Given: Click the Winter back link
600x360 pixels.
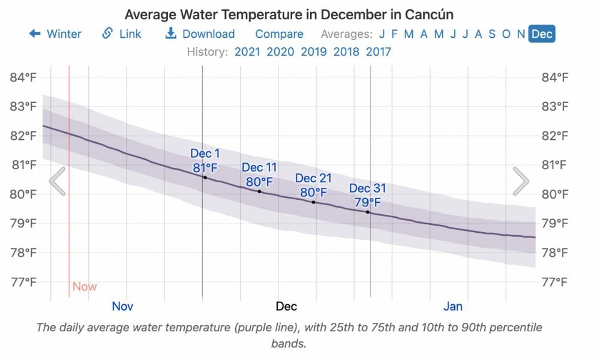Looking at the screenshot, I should pos(55,34).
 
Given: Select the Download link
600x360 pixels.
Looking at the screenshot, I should pos(200,34).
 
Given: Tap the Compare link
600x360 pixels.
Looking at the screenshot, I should pos(279,34).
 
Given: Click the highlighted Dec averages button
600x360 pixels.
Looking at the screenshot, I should pos(542,34).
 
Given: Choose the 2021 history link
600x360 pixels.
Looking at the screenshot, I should pos(247,52).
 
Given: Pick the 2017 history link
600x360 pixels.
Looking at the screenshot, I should pos(379,52).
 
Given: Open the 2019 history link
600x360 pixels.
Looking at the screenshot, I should pos(313,52).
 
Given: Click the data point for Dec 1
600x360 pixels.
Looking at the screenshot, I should pos(205,178).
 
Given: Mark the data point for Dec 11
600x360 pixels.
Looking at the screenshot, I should pos(259,191).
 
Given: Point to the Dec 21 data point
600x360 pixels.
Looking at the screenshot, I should pos(313,202).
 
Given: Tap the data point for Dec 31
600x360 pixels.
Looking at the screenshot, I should pos(367,212).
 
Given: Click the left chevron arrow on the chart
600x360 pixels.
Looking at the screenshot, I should pos(58,181).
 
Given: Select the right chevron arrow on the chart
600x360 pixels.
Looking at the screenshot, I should pos(520,181).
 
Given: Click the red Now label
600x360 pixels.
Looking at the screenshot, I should pos(85,287).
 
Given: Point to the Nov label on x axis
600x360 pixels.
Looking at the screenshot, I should pos(122,307).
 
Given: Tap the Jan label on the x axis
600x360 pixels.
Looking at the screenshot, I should pos(453,307).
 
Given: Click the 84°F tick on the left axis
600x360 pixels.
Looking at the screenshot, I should pos(24,77).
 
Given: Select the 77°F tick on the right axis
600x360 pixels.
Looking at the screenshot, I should pos(556,281).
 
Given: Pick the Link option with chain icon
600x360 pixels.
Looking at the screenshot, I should pos(122,34).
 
